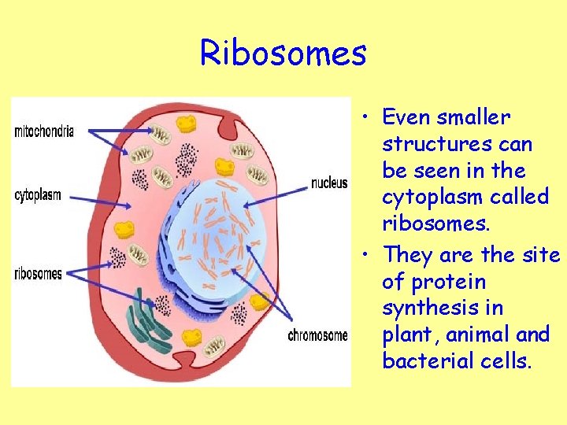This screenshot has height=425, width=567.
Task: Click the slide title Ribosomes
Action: tap(283, 54)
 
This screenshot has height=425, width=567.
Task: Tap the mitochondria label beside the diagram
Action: tap(44, 131)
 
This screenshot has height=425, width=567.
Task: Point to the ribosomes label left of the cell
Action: tap(39, 274)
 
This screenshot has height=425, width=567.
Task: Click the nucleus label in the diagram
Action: tap(329, 183)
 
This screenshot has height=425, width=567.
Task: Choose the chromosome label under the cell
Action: tap(317, 336)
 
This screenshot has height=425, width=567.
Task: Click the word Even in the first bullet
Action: tap(406, 117)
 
